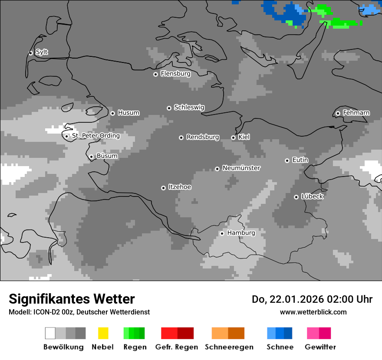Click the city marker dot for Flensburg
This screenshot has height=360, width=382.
pyautogui.click(x=155, y=74)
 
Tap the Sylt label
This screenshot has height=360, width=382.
pyautogui.click(x=42, y=52)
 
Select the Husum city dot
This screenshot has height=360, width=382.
pyautogui.click(x=112, y=113)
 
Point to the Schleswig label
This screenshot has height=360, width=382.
pyautogui.click(x=189, y=107)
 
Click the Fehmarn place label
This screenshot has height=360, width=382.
pyautogui.click(x=356, y=113)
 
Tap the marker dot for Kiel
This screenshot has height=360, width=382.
pyautogui.click(x=233, y=137)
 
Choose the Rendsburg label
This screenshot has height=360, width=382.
pyautogui.click(x=203, y=137)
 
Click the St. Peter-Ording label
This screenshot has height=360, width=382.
pyautogui.click(x=95, y=136)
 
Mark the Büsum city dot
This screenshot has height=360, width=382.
pyautogui.click(x=91, y=157)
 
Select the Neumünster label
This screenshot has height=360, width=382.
pyautogui.click(x=241, y=168)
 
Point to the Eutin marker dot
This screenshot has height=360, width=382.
pyautogui.click(x=287, y=160)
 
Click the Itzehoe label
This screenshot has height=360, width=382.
pyautogui.click(x=180, y=187)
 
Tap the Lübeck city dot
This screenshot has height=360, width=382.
pyautogui.click(x=296, y=197)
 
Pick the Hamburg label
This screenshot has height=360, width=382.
pyautogui.click(x=241, y=233)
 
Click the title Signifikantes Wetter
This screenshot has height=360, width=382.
pyautogui.click(x=72, y=299)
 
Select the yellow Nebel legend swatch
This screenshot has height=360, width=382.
pyautogui.click(x=103, y=333)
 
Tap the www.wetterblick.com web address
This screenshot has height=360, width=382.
pyautogui.click(x=313, y=312)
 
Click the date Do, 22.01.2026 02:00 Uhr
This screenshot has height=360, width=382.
pyautogui.click(x=312, y=299)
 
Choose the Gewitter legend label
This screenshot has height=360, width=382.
pyautogui.click(x=320, y=347)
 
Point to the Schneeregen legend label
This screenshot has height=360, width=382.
pyautogui.click(x=229, y=347)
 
